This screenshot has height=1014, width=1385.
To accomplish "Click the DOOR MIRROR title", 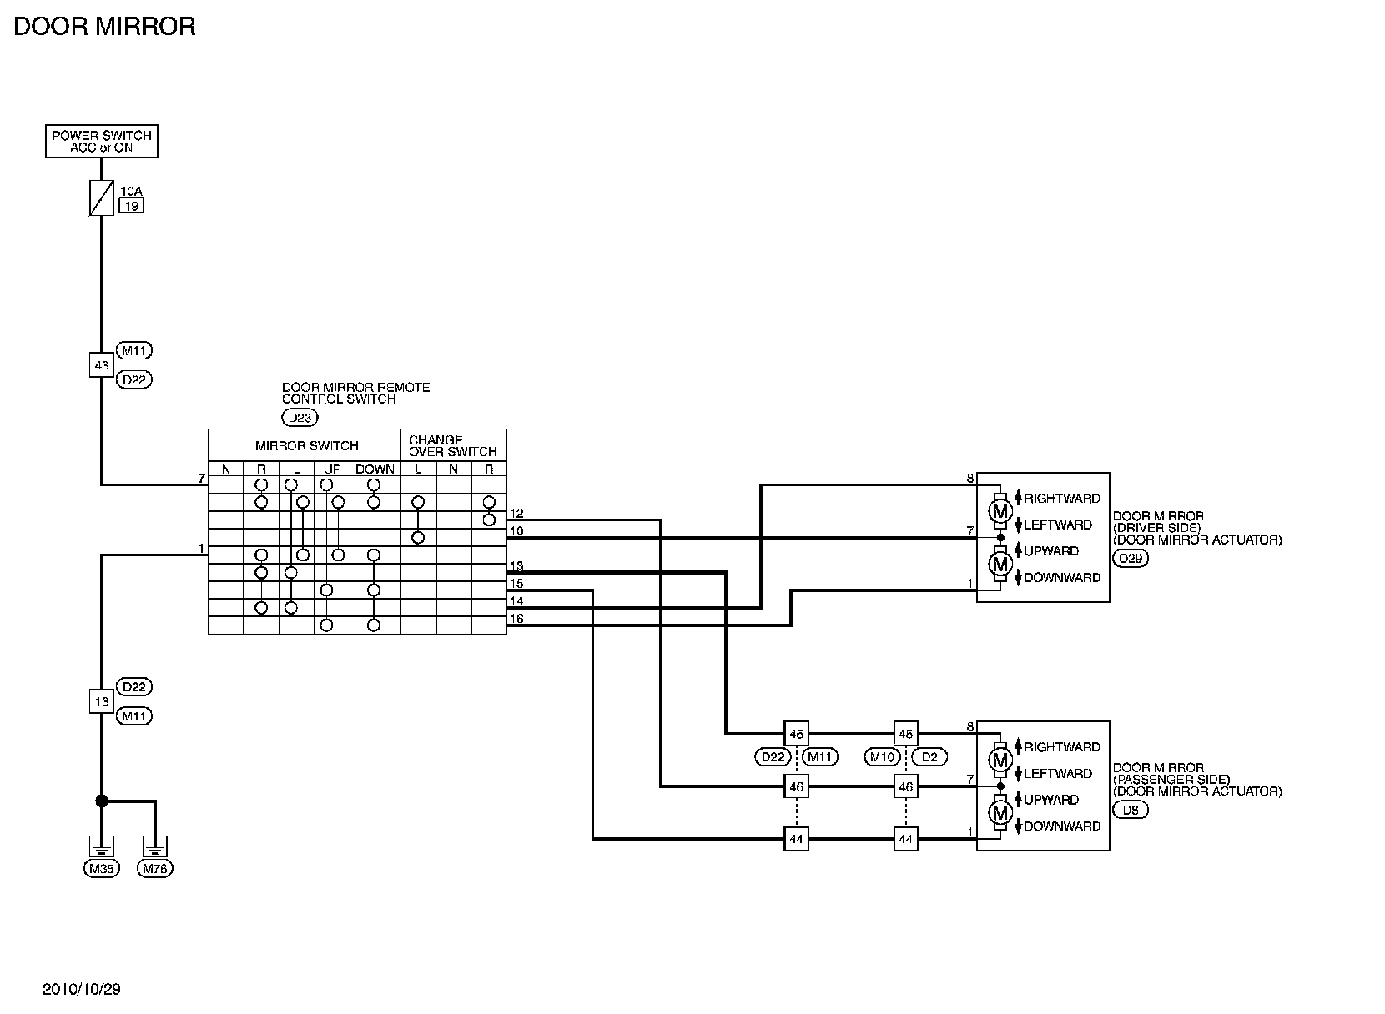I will pos(104,27).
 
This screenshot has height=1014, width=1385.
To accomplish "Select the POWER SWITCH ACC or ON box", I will pos(101,141).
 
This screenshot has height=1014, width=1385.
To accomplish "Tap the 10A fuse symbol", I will pos(101,198).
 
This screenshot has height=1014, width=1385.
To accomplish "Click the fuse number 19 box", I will pos(131,205).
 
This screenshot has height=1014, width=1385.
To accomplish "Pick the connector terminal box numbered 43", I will pos(101,365).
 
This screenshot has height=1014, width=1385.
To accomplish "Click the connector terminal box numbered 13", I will pos(101,701).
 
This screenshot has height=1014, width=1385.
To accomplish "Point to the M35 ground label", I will pos(101,869).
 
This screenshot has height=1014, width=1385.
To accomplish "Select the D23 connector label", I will pos(300,418).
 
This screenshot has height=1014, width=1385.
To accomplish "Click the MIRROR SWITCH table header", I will pos(306,445).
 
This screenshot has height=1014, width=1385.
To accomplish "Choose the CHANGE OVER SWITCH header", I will pos(451,445).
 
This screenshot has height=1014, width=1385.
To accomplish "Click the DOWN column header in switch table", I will pos(375,469).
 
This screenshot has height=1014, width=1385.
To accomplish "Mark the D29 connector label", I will pos(1131,558).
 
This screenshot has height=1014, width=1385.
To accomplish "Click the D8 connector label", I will pos(1131,810).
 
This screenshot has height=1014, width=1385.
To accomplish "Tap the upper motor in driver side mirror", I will pos(1000,510).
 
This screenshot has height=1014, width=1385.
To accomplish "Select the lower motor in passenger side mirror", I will pos(1000,812).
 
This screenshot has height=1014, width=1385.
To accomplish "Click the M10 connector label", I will pos(882,757).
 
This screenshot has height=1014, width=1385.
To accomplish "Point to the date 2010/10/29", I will pos(81,990).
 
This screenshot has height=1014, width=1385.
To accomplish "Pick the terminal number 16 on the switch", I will pos(516,619).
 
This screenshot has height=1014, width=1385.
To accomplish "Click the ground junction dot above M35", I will pos(102,801).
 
